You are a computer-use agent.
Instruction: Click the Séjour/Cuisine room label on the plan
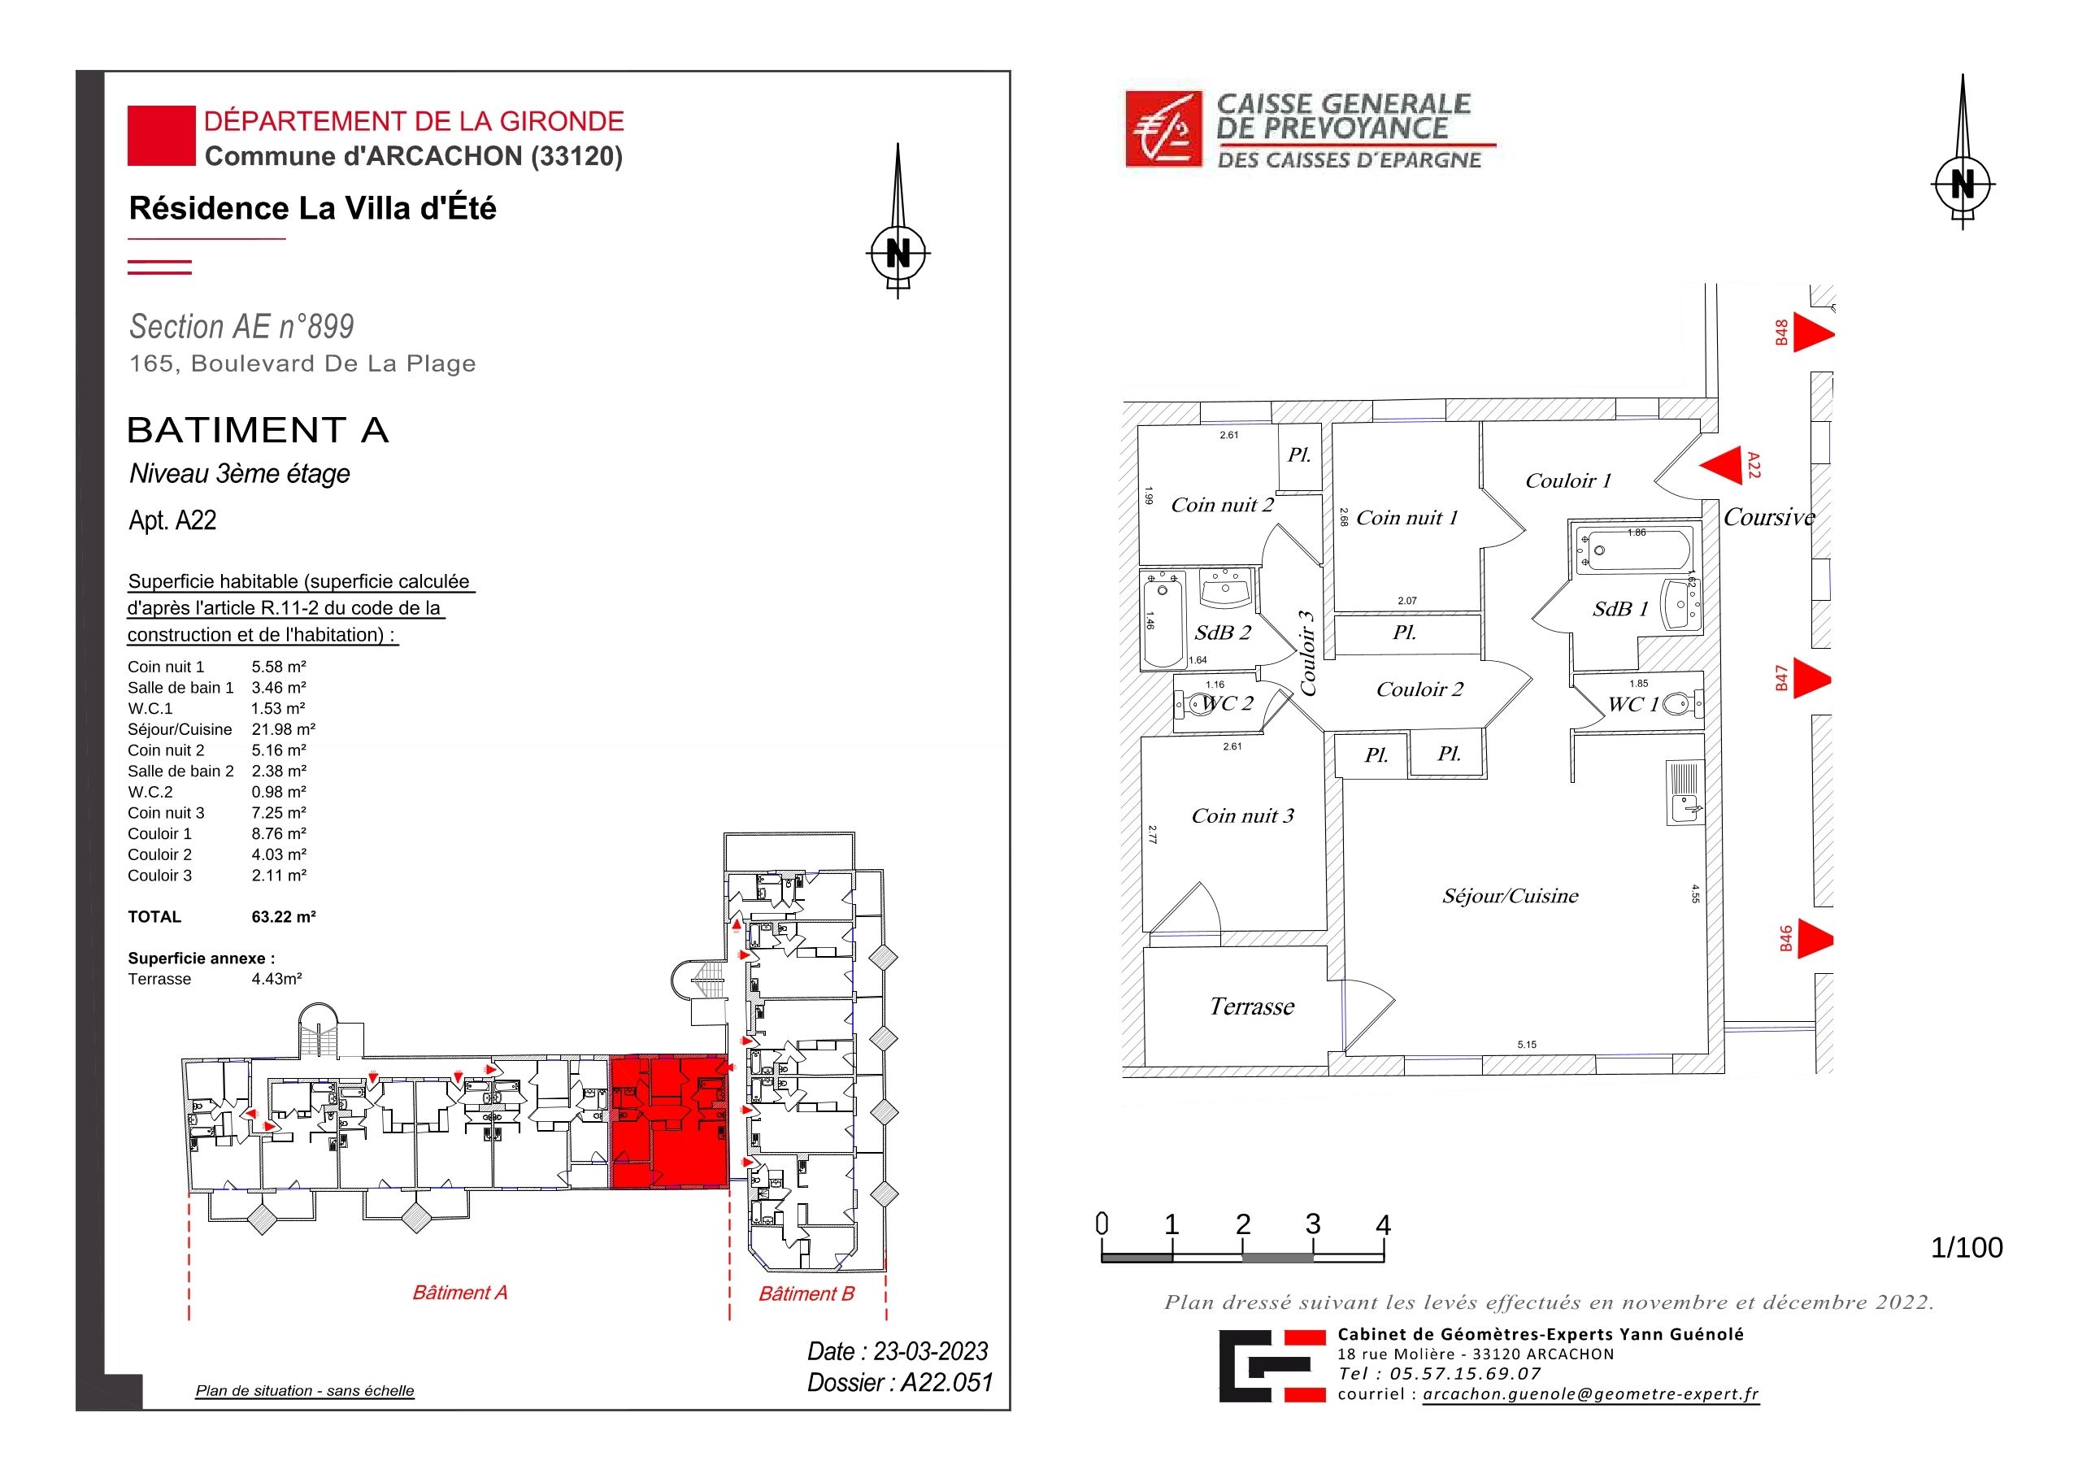[x=1510, y=896]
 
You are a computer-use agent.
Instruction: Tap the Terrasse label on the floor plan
[x=1251, y=1006]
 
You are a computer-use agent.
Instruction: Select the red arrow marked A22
[x=1720, y=467]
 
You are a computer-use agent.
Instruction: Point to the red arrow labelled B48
[x=1813, y=333]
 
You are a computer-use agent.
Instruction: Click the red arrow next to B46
[x=1813, y=940]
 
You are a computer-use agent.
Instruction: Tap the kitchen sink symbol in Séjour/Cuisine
[x=1685, y=793]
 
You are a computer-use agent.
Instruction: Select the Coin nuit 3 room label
[x=1242, y=816]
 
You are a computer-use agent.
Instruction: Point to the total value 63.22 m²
[x=283, y=917]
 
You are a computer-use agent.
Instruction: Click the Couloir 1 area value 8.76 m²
[x=279, y=833]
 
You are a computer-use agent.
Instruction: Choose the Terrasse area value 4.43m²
[x=277, y=979]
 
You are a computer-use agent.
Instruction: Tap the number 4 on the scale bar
[x=1382, y=1225]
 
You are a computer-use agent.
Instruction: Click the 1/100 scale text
[x=1967, y=1248]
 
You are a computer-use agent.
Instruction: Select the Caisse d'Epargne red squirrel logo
[x=1163, y=129]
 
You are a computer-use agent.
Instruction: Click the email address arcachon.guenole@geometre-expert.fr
[x=1591, y=1394]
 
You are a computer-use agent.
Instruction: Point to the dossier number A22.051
[x=946, y=1382]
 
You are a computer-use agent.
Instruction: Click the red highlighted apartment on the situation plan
[x=668, y=1122]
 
